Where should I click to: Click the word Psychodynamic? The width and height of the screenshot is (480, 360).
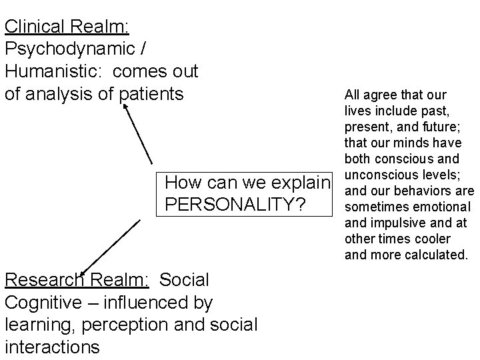[71, 49]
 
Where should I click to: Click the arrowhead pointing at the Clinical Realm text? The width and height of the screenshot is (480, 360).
[127, 109]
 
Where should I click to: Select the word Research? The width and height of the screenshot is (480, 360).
[43, 281]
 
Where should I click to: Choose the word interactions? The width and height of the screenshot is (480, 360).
[52, 347]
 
